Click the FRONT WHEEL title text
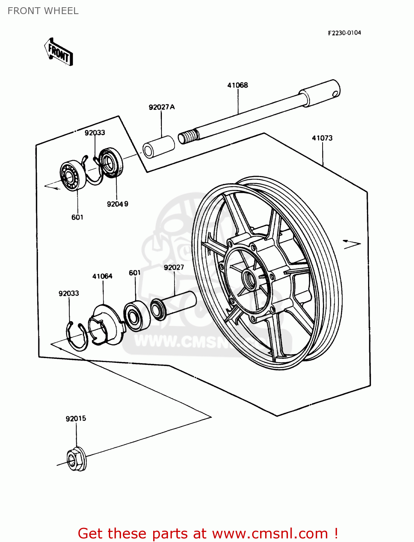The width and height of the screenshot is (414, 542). click(43, 11)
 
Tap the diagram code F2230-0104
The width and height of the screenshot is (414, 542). click(344, 33)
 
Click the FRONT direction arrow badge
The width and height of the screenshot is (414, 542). click(59, 52)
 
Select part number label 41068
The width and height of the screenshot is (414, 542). click(237, 85)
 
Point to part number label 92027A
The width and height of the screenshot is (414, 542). click(161, 107)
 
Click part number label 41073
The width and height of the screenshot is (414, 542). click(322, 138)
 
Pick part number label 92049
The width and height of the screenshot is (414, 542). click(117, 204)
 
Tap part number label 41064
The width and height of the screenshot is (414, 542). click(102, 276)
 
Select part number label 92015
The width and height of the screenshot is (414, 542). click(76, 419)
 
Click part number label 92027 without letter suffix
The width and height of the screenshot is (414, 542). click(174, 267)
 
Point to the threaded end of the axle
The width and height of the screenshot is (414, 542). click(188, 137)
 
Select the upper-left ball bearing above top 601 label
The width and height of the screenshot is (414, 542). click(73, 176)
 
